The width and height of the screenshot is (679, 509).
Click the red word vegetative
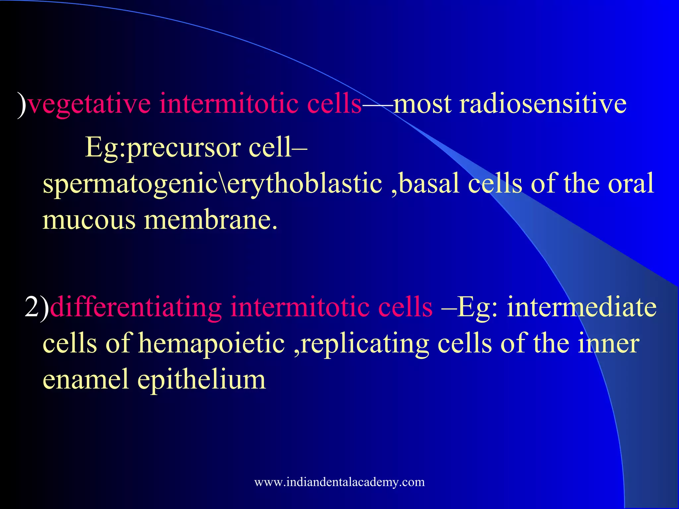tap(89, 104)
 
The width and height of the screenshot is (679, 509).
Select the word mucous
tap(89, 220)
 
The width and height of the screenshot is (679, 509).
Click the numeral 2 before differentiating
tap(32, 307)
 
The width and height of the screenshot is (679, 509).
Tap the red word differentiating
tap(136, 307)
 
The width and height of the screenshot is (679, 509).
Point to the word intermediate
tap(582, 307)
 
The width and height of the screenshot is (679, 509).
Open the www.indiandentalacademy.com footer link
tap(339, 482)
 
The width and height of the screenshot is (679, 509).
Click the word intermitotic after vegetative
tap(228, 104)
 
